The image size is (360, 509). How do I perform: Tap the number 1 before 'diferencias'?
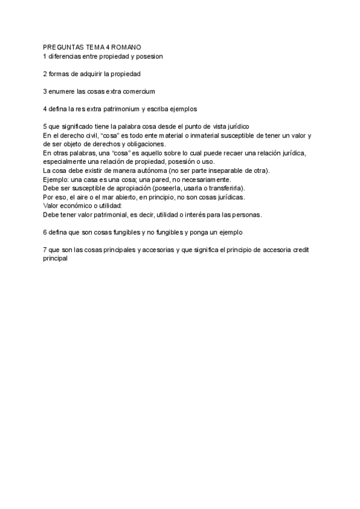point(45,56)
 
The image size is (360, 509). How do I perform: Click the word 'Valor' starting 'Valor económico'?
point(52,205)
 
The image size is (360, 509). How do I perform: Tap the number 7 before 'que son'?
point(45,249)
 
